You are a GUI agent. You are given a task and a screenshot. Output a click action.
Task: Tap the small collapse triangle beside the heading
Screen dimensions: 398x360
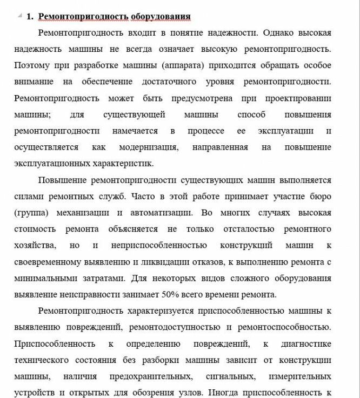pos(20,16)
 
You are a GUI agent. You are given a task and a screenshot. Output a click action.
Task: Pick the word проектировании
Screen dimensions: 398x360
pos(298,98)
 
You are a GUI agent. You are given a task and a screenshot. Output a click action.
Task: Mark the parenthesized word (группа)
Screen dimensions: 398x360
pos(32,212)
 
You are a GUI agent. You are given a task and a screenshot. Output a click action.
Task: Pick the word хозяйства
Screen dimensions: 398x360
pos(35,245)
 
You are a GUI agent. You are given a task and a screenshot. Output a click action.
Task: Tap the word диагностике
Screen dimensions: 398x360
pos(306,343)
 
